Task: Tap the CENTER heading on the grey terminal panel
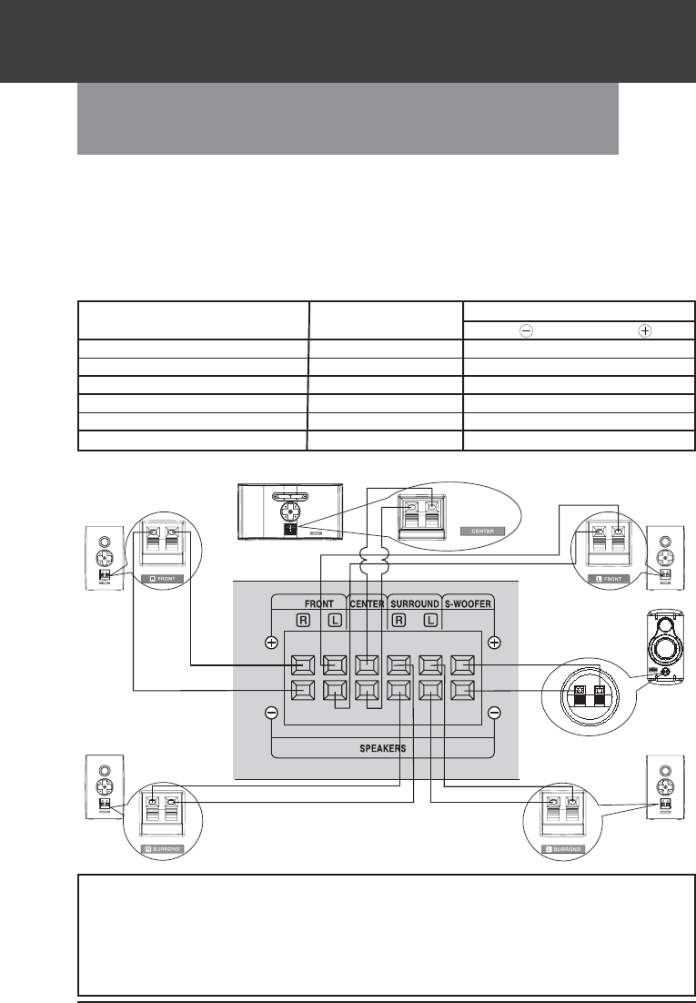[367, 602]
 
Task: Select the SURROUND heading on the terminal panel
[415, 602]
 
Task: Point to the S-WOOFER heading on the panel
[467, 602]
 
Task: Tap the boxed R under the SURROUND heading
[397, 622]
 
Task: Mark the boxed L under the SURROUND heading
[431, 622]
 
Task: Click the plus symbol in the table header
[644, 330]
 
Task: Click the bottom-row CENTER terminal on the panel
[366, 691]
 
